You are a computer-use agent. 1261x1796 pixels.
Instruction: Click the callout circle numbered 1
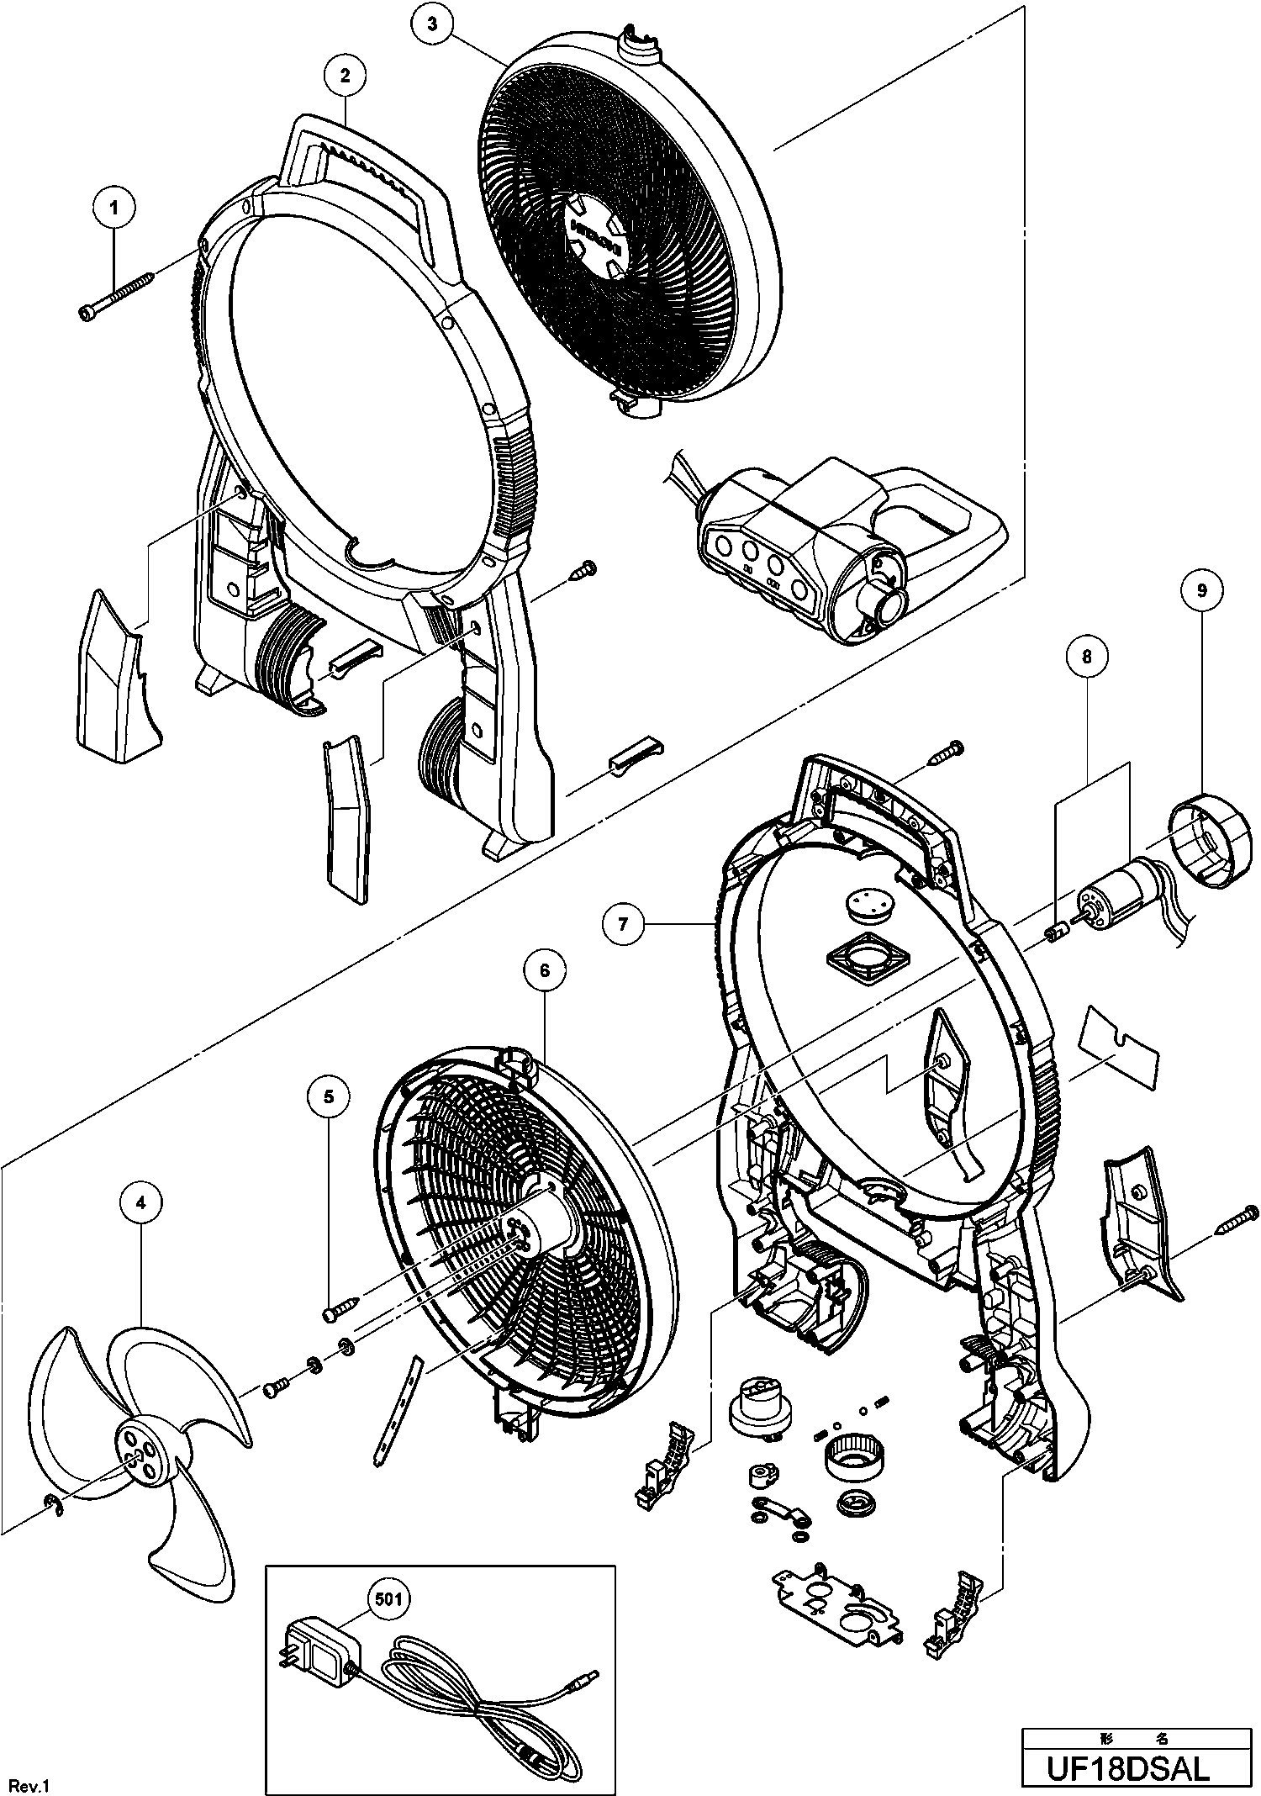click(115, 203)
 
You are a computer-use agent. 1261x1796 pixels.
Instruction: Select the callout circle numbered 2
click(345, 74)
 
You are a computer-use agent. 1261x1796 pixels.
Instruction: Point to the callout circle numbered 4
click(140, 1203)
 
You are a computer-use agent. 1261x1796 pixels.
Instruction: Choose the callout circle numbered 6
click(544, 971)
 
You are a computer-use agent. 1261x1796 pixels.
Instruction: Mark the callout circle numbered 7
click(623, 925)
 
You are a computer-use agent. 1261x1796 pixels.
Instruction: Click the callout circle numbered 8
click(1086, 657)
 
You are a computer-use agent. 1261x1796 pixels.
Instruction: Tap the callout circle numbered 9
click(1201, 591)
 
